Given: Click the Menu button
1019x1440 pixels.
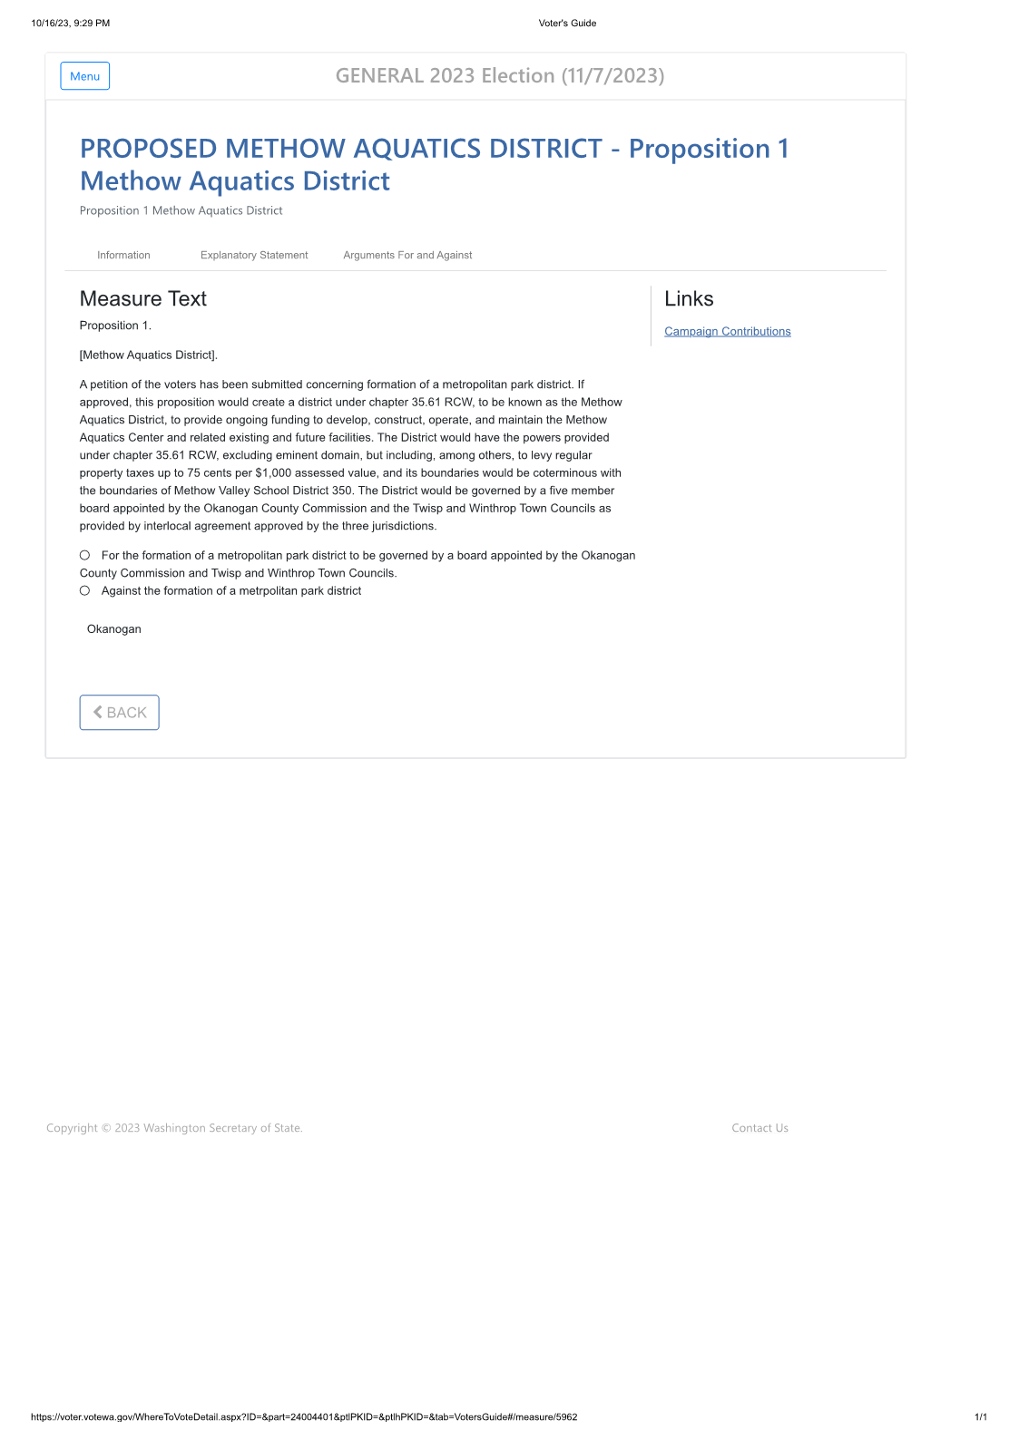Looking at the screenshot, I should click(85, 76).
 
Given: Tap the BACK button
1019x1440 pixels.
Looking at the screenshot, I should click(119, 713).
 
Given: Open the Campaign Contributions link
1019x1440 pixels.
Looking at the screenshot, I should click(727, 332).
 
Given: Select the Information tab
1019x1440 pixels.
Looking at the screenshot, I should click(123, 256).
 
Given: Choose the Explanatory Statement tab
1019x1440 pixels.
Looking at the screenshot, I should click(254, 256).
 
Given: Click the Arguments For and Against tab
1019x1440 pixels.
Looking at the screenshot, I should click(407, 256).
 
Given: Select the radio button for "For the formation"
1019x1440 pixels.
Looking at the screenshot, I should click(85, 555).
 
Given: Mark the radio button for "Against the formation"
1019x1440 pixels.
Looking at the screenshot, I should click(85, 590).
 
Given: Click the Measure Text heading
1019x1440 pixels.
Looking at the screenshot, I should click(143, 299).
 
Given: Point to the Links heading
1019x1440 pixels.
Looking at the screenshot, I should click(689, 299).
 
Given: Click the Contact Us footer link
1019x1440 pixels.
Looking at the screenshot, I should click(759, 1128).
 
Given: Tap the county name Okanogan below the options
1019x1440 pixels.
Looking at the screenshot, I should click(114, 629).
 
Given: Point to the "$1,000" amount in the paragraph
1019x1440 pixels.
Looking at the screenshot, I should click(273, 473).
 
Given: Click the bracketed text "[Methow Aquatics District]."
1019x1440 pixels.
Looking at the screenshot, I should click(149, 355).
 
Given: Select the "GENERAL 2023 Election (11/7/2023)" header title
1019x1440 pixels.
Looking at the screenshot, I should click(500, 76).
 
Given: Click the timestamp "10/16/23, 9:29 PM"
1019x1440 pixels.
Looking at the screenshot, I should click(71, 24).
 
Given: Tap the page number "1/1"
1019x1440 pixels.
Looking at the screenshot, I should click(980, 1417).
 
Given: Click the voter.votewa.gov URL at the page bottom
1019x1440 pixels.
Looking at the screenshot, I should click(304, 1417).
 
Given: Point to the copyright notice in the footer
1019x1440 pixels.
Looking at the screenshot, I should click(174, 1128).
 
